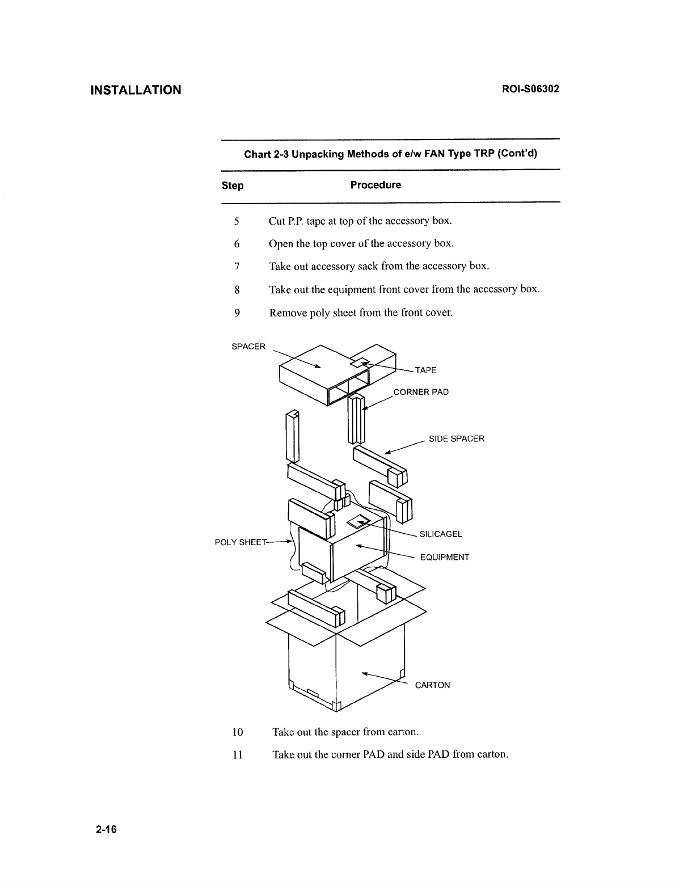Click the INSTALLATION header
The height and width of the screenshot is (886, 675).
(x=136, y=90)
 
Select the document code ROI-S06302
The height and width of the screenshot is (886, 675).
(x=530, y=89)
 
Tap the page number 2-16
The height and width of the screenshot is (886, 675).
(x=106, y=829)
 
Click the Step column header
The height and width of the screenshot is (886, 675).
(x=233, y=185)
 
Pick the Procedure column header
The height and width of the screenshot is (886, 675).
(x=376, y=185)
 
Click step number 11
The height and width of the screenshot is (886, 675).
(x=238, y=755)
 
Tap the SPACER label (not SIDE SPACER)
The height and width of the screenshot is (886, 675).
(x=248, y=347)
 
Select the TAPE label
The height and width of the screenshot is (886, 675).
(x=426, y=370)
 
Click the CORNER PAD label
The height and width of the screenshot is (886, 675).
(x=421, y=392)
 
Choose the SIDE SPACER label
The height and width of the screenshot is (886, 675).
(x=457, y=438)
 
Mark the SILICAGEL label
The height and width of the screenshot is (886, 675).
(x=441, y=534)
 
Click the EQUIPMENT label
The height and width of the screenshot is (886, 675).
(x=445, y=557)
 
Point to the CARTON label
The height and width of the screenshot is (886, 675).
(x=432, y=685)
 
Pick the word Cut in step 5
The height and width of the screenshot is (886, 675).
(x=277, y=221)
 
